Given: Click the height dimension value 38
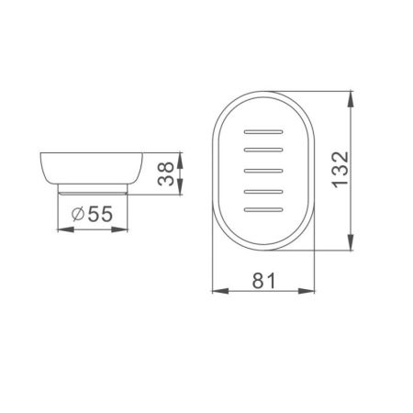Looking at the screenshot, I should (x=166, y=173).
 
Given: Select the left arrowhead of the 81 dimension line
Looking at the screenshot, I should (x=218, y=292).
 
